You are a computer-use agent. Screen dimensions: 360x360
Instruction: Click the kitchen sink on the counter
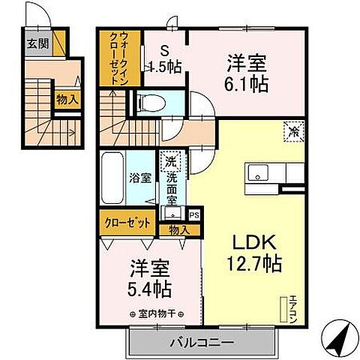pos(259,175)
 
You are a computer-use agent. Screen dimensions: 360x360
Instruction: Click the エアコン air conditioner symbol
pos(285,308)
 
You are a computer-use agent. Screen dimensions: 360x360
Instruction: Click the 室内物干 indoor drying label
pos(156,313)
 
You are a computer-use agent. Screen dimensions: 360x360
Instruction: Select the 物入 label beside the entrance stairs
pos(66,99)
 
